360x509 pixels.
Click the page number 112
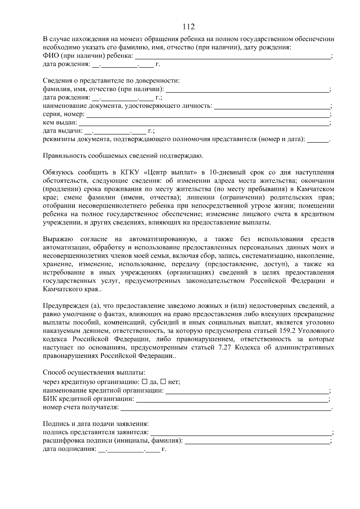pyautogui.click(x=189, y=27)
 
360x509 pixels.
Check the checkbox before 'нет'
pyautogui.click(x=163, y=382)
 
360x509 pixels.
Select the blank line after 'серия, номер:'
pyautogui.click(x=207, y=115)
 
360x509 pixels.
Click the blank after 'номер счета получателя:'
pyautogui.click(x=225, y=408)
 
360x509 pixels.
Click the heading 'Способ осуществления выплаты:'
pyautogui.click(x=94, y=373)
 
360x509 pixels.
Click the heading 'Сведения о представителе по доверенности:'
pyautogui.click(x=111, y=81)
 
